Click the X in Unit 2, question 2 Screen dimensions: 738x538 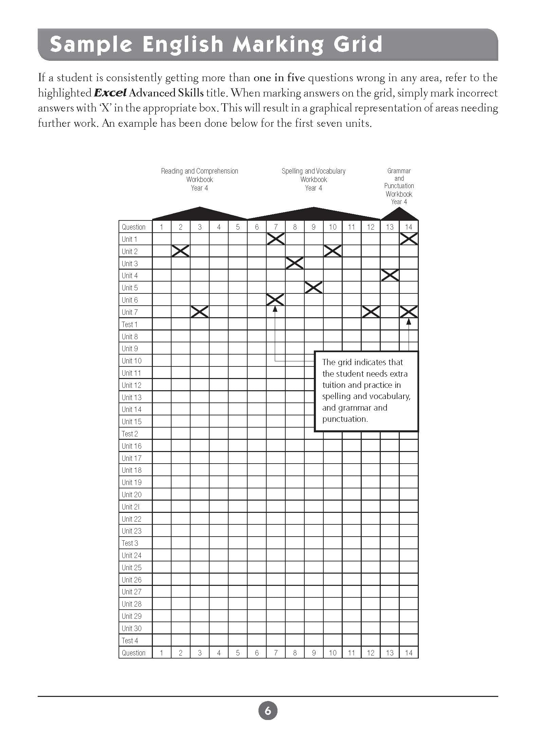point(180,251)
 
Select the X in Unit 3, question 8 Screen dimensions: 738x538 point(294,263)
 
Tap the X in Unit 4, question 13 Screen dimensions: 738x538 point(390,275)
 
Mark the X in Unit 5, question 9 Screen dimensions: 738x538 point(313,288)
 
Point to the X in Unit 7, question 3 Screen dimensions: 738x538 point(200,312)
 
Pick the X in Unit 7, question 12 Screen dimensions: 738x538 point(371,312)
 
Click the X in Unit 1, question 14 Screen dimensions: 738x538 point(409,239)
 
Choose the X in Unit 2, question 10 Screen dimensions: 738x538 point(333,251)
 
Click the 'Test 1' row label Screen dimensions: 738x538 point(129,324)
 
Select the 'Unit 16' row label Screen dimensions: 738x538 point(131,446)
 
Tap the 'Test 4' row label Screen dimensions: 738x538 point(130,641)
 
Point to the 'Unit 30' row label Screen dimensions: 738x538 point(131,628)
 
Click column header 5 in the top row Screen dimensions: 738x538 point(238,227)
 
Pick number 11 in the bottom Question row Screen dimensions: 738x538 point(352,653)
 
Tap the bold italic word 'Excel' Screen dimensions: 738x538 point(110,93)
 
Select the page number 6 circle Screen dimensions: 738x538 point(268,710)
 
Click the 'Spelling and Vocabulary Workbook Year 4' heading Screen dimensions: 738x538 point(313,179)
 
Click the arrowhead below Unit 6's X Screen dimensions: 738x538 point(275,309)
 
